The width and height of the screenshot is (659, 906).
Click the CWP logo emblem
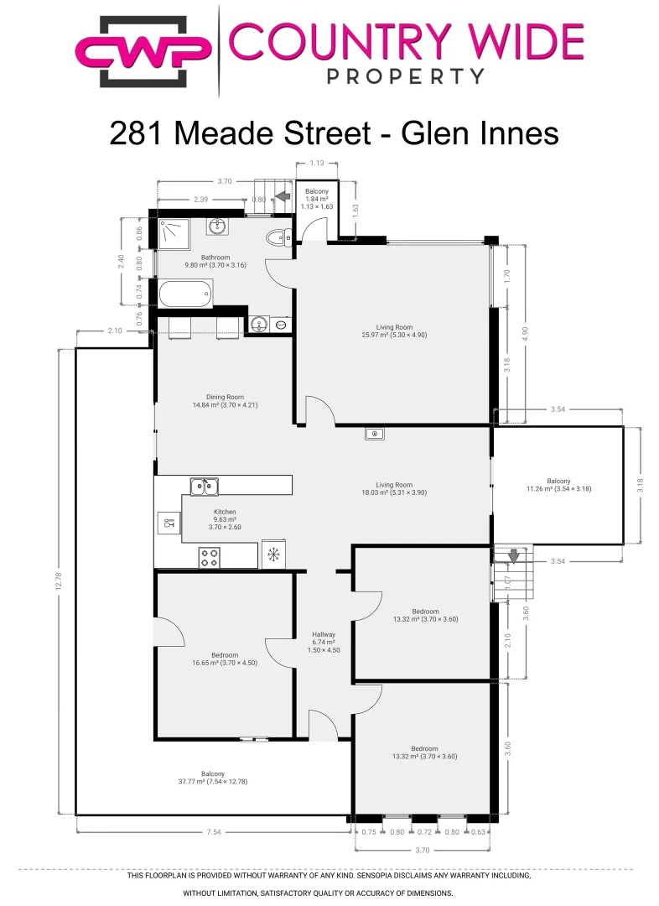coord(143,52)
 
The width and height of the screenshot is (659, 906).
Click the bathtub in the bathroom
coord(185,293)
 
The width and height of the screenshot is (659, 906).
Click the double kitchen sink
coord(204,487)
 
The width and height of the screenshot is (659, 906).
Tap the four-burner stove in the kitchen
coord(209,558)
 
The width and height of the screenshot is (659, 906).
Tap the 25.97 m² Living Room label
coord(394,331)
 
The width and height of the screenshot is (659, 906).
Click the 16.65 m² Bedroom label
coord(225,659)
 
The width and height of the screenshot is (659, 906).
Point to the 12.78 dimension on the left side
coord(59,581)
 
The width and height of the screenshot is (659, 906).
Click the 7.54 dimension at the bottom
coord(214,832)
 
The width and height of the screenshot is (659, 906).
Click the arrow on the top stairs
coord(282,196)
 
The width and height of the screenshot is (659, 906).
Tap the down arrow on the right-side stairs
coord(513,556)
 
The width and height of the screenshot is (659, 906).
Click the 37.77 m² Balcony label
coord(213,778)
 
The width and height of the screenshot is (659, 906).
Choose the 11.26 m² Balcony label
coord(558,485)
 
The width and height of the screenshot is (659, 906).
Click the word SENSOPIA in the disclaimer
coord(382,875)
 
